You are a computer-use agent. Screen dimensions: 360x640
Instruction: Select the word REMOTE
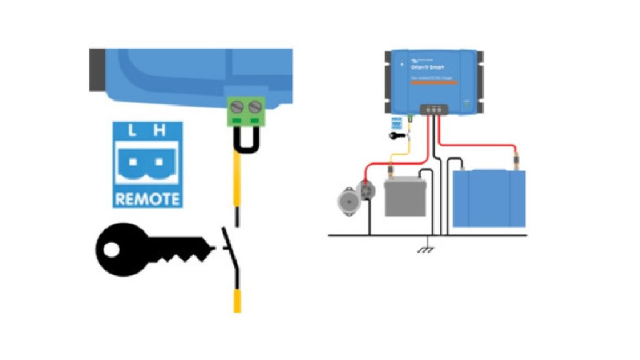(x=147, y=199)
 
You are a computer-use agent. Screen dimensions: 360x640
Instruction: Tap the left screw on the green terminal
(x=237, y=107)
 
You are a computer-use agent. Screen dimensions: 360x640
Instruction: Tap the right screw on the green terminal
(x=254, y=107)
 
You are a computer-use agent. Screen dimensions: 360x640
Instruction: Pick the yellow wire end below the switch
(x=237, y=301)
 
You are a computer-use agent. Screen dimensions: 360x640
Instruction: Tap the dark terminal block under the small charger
(x=432, y=109)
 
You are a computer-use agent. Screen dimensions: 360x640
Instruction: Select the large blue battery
(x=489, y=198)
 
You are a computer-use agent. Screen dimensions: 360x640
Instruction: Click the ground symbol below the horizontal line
(x=428, y=248)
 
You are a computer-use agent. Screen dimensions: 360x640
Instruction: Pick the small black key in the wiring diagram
(x=397, y=134)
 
